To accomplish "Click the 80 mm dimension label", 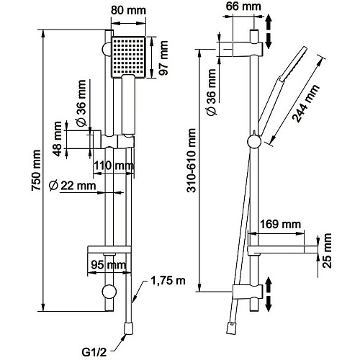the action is click(128, 11).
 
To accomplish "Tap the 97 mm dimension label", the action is click(164, 58).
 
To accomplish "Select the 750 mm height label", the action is click(36, 170).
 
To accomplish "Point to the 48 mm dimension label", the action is click(58, 139).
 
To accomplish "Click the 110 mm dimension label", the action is click(114, 166).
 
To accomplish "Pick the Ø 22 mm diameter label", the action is click(72, 186).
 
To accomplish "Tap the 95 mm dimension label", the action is click(109, 265).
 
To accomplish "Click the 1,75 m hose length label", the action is click(168, 281).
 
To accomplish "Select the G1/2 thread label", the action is click(94, 353).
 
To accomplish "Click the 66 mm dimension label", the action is click(243, 6).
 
